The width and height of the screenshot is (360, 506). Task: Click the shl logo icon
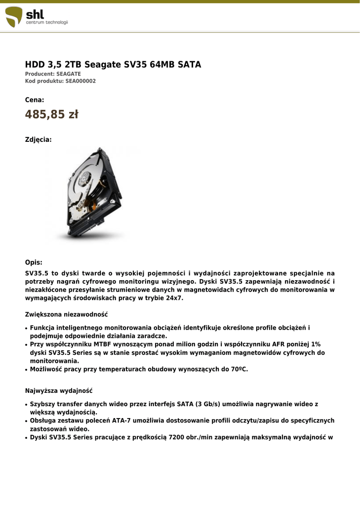point(14,17)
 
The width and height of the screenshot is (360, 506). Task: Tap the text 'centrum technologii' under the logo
point(47,23)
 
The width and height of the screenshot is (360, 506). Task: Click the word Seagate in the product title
point(103,65)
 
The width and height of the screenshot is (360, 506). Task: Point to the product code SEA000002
point(80,81)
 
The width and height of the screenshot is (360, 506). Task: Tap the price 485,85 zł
point(52,115)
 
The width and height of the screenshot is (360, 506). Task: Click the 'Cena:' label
point(35,100)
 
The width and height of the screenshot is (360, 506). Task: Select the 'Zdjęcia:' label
point(38,140)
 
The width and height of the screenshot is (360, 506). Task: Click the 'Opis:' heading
point(34,262)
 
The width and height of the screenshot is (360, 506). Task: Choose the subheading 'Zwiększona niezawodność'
point(66,314)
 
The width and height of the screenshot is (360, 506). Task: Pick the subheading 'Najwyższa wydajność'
point(59,391)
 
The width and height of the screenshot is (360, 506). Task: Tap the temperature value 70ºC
point(238,369)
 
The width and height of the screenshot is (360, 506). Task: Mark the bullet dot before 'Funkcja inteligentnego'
point(26,328)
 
